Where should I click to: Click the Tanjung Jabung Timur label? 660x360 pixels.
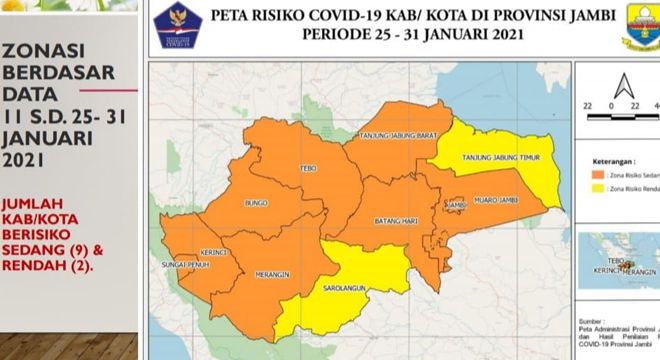498,157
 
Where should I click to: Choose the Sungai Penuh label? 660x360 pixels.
181,265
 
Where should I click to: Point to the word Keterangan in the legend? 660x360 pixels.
604,158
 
